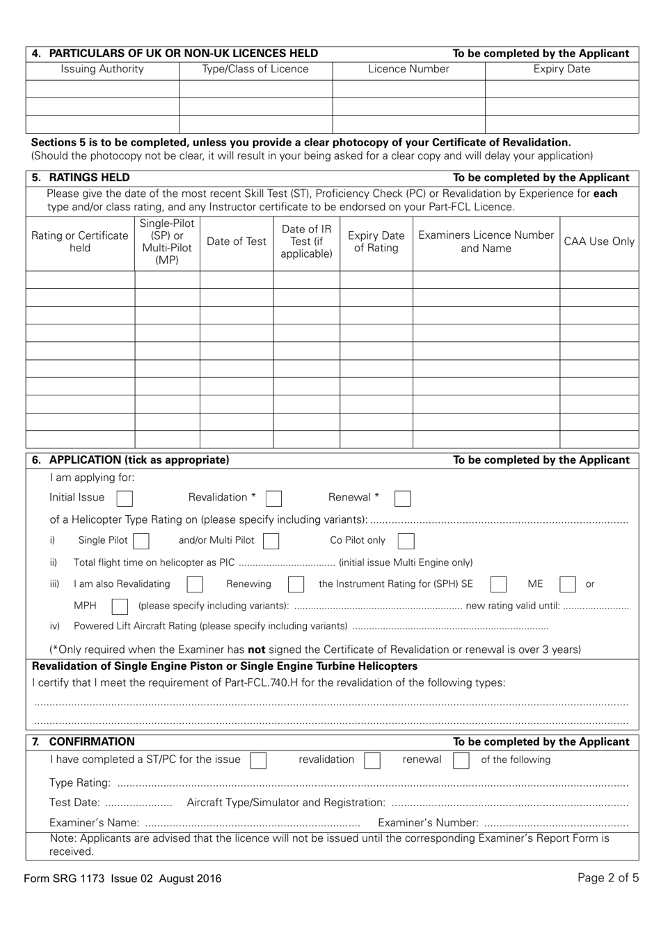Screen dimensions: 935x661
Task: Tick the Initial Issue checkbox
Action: (x=125, y=498)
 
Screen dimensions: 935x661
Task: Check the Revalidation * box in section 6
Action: (x=274, y=498)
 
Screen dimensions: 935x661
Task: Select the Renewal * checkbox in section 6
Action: (x=402, y=498)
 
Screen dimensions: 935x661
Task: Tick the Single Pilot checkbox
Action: (x=141, y=541)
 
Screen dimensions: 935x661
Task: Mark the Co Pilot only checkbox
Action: (x=406, y=541)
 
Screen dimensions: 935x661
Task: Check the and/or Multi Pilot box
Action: (x=271, y=541)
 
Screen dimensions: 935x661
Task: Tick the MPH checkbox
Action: (x=120, y=606)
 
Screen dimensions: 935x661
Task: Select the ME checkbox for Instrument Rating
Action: (x=568, y=584)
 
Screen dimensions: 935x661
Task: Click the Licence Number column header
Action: (x=408, y=70)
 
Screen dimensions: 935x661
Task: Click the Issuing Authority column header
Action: (x=102, y=70)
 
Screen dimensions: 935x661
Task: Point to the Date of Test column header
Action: (x=237, y=242)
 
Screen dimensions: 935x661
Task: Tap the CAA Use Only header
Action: (x=599, y=242)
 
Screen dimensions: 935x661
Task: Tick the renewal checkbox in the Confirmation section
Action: (x=461, y=760)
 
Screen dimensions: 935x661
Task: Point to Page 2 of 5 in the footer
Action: (x=607, y=878)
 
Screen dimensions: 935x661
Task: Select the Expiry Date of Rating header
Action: (x=376, y=242)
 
